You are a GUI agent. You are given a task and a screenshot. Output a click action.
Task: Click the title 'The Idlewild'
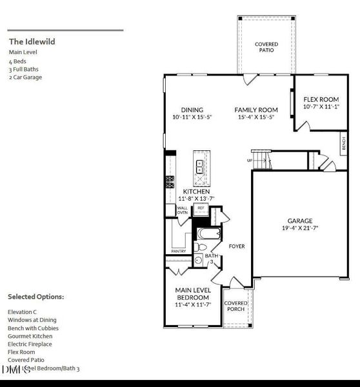click(32, 41)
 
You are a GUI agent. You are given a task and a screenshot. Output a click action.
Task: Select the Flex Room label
click(321, 99)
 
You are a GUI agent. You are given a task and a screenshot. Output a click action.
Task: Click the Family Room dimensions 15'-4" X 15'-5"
click(255, 117)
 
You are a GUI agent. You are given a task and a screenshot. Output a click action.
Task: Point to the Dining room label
click(192, 110)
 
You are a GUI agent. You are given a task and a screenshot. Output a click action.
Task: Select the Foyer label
click(237, 246)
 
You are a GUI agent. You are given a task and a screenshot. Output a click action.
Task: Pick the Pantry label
click(179, 252)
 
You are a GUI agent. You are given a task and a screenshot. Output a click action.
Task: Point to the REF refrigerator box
click(201, 208)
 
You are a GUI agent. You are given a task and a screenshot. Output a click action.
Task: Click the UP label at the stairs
click(249, 161)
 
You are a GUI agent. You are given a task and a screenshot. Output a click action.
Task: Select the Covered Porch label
click(236, 306)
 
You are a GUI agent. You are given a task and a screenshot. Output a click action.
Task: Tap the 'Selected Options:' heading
click(35, 297)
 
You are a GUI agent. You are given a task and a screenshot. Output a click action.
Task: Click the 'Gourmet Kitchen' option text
click(30, 336)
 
